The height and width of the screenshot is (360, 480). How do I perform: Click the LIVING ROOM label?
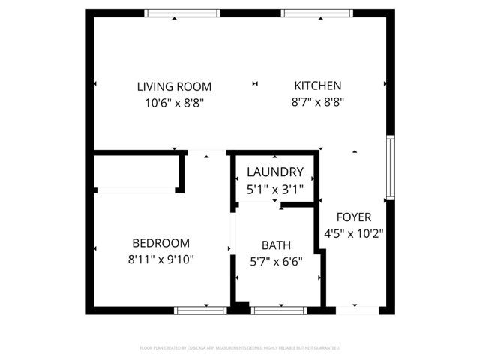(x=174, y=86)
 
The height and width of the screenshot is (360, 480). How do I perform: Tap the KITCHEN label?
(x=317, y=85)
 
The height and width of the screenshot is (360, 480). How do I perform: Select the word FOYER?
(x=353, y=217)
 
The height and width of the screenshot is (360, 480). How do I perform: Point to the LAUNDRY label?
(x=275, y=172)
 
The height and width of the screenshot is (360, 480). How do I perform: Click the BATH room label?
(x=276, y=245)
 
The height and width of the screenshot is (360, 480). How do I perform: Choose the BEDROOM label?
(x=160, y=243)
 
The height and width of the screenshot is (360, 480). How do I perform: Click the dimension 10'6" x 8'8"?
(x=174, y=103)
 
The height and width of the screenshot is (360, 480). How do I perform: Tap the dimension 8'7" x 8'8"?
(x=317, y=103)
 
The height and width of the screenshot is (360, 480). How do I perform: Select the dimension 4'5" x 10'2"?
(x=353, y=233)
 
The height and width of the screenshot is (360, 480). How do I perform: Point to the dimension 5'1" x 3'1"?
(x=275, y=189)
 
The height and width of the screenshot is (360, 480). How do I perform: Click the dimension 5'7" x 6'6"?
(x=276, y=262)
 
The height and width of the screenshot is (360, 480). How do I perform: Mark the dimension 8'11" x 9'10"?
(x=160, y=260)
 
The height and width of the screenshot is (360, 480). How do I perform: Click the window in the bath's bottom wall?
(x=278, y=309)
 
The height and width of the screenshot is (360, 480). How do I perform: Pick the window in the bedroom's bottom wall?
(x=200, y=309)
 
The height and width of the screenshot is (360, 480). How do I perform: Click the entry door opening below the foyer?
(x=357, y=309)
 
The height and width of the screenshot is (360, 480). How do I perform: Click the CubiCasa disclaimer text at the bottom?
(x=240, y=347)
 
